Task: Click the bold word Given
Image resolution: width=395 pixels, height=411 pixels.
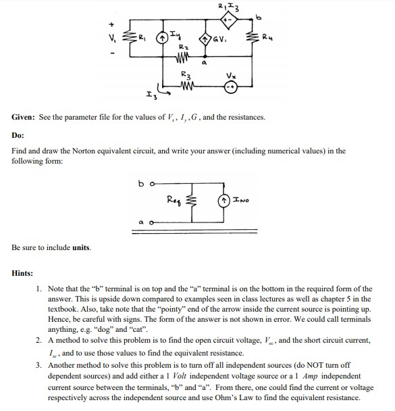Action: click(24, 118)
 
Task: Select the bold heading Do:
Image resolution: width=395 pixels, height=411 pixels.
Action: click(18, 135)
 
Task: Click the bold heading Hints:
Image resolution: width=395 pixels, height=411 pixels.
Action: click(23, 273)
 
